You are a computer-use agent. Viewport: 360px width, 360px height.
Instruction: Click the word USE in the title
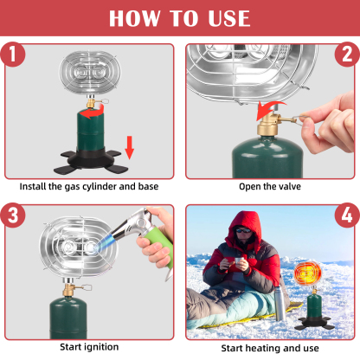228,18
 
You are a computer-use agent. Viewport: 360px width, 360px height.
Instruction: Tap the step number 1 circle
12,55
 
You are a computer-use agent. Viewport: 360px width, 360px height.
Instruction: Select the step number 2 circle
347,55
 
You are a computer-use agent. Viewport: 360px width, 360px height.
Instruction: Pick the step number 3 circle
12,215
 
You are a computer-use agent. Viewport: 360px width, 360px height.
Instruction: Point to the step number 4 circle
347,215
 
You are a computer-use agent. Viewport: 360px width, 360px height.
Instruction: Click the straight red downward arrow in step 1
130,147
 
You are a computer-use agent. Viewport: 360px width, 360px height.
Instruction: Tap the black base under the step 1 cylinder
91,161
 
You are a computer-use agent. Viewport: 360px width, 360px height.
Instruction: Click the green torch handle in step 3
159,245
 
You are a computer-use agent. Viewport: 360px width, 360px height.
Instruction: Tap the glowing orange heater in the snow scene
307,273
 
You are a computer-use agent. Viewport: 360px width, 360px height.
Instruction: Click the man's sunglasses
244,230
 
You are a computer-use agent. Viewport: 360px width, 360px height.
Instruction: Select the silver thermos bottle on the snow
280,304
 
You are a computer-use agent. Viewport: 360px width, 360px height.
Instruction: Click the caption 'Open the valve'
270,187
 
